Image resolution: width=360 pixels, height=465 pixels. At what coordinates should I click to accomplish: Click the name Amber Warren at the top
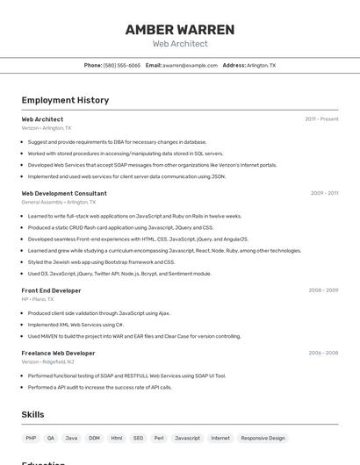[x=180, y=30]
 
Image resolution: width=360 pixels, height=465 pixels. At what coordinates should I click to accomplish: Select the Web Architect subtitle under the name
[x=180, y=44]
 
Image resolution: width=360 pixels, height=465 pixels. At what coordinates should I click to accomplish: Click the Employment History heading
[x=65, y=100]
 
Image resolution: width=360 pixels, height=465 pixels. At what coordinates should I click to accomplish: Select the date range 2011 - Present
[x=321, y=119]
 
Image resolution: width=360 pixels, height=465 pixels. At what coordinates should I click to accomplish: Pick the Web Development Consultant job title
[x=64, y=193]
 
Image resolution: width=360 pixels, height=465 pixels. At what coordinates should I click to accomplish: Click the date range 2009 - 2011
[x=324, y=193]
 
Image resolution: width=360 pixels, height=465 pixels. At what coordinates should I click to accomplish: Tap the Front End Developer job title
[x=51, y=290]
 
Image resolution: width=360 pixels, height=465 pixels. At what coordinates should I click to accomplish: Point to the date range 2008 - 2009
[x=323, y=290]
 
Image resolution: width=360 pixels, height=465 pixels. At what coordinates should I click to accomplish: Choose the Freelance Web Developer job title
[x=58, y=353]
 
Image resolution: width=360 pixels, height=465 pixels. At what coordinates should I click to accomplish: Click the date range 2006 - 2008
[x=323, y=353]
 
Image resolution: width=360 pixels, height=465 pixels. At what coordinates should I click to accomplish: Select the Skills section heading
[x=33, y=414]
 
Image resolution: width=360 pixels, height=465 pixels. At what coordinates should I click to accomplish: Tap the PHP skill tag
[x=31, y=438]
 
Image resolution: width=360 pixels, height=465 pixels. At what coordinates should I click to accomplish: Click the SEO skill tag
[x=138, y=438]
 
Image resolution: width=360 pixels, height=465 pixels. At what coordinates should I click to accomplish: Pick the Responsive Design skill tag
[x=263, y=438]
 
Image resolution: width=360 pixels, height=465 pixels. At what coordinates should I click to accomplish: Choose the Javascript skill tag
[x=187, y=438]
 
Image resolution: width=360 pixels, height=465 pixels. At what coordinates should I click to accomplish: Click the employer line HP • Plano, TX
[x=38, y=299]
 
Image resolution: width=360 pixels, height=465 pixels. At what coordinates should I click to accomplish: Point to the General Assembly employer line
[x=58, y=202]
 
